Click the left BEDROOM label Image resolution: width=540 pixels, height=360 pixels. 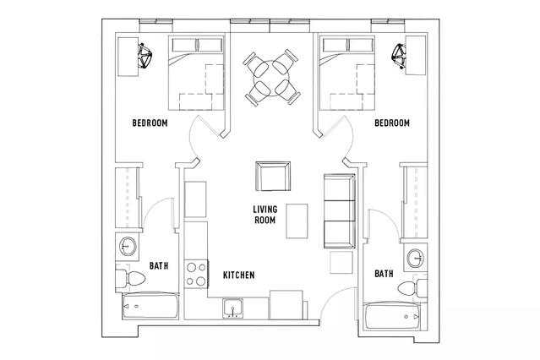point(150,123)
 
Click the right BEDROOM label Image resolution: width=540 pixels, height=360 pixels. point(392,123)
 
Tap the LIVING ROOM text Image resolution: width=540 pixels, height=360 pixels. point(265,215)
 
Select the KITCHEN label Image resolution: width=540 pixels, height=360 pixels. point(239,275)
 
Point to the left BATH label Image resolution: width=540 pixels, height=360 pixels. point(159,265)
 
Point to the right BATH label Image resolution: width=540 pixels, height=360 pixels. point(384,274)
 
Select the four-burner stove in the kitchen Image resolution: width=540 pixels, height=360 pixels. point(197,274)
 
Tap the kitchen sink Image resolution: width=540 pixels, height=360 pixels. point(233,308)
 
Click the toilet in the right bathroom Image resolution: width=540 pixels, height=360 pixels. point(412,287)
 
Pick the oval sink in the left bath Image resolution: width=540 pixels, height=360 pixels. point(128,247)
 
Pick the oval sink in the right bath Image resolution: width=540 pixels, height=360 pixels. point(416,258)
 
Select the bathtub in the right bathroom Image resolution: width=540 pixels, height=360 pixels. point(393,316)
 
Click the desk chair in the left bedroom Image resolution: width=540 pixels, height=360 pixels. point(145,56)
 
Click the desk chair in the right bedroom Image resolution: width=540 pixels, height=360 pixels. point(399,56)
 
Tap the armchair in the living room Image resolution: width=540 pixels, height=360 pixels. point(273,176)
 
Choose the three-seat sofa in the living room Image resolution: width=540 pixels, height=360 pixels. point(340,210)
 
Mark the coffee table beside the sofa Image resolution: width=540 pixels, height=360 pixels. point(297,221)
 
